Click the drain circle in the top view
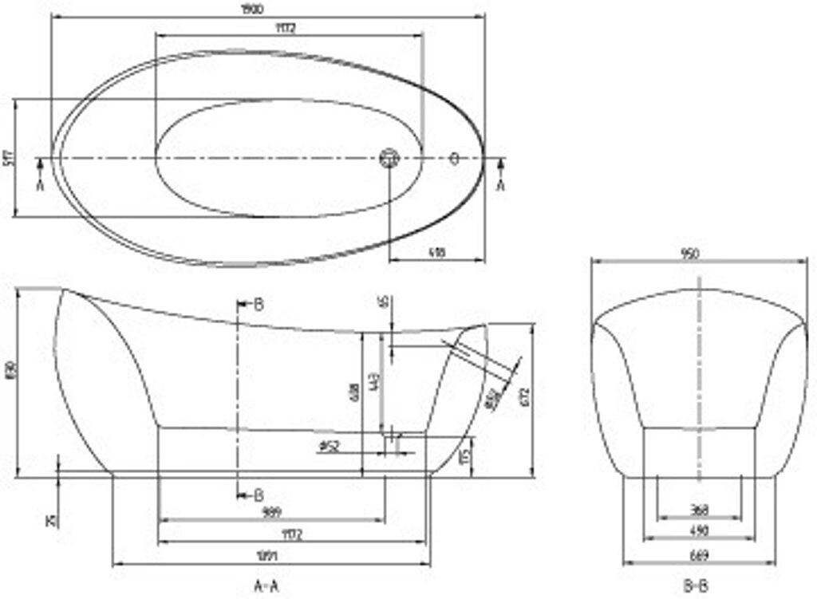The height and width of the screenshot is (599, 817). (x=389, y=158)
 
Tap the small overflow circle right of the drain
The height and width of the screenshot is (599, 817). (x=455, y=158)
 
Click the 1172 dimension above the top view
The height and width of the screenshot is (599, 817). (x=288, y=29)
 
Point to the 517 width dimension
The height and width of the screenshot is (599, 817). (x=9, y=157)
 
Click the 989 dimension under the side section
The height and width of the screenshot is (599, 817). (x=271, y=512)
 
